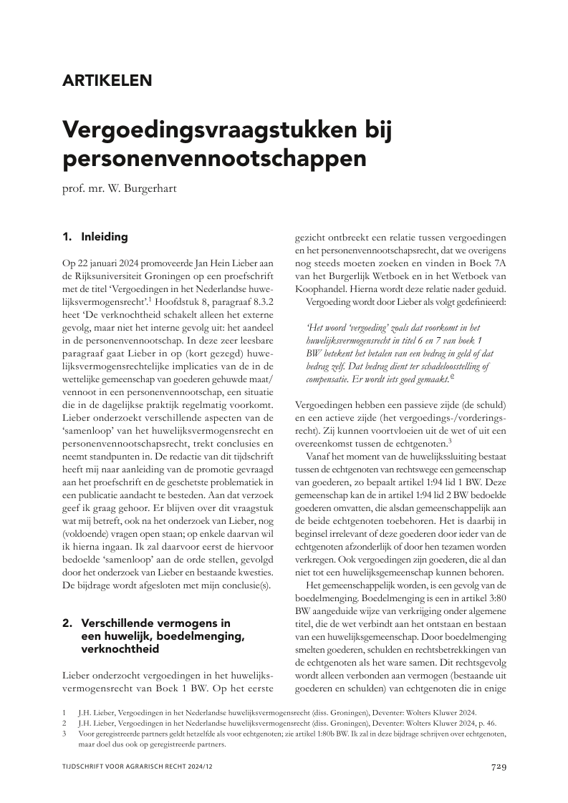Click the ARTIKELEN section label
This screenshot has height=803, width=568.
point(107,80)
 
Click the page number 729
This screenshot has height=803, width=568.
point(499,767)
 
